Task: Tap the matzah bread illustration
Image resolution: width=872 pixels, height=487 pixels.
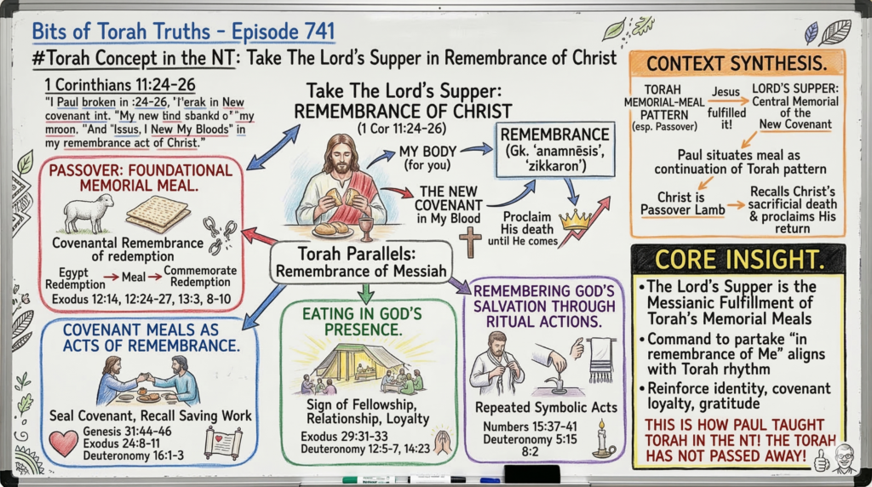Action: click(158, 214)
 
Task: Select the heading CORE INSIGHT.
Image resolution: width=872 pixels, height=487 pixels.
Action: click(737, 260)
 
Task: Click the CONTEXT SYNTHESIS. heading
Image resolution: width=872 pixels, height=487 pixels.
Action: click(737, 63)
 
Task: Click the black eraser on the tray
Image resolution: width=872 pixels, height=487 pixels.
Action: click(532, 473)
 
